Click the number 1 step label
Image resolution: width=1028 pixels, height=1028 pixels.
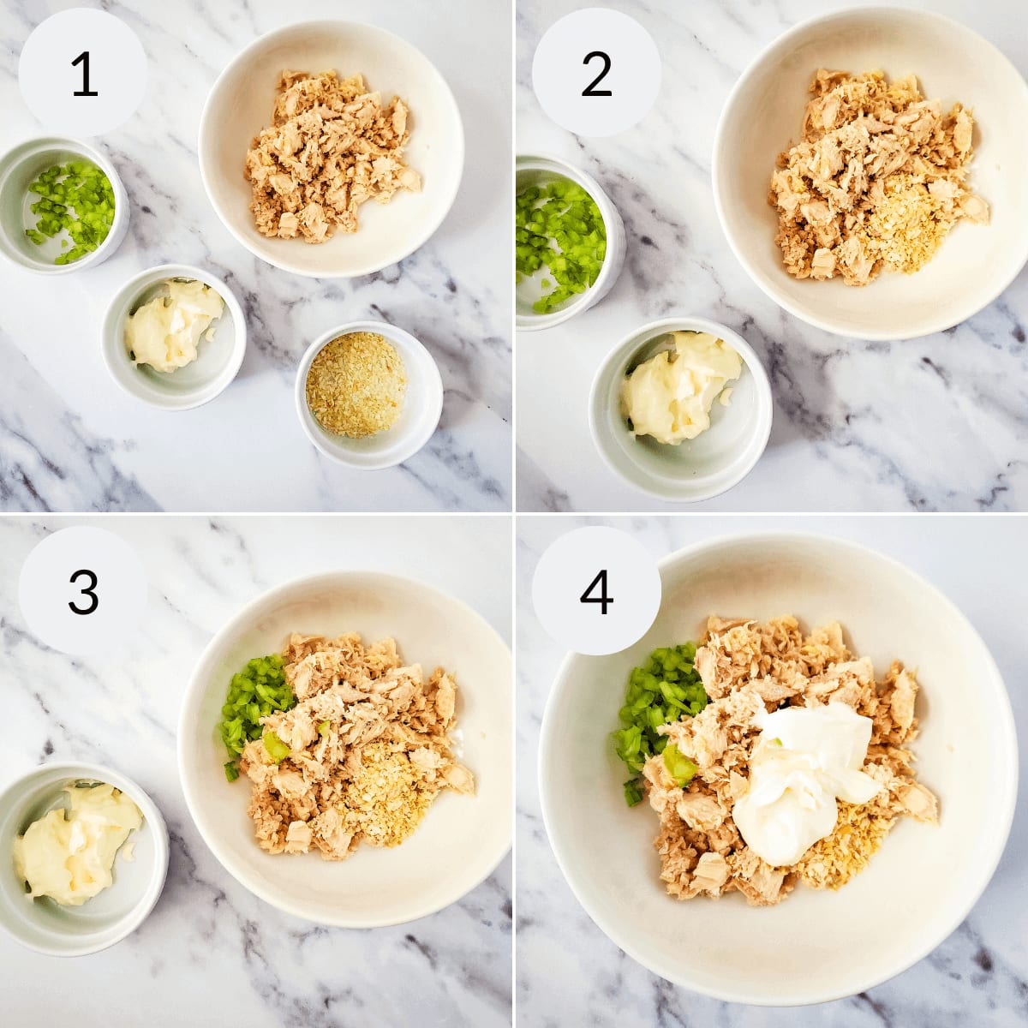point(84,75)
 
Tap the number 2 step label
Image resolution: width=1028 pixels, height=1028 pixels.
point(596,75)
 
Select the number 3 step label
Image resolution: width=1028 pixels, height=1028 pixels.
point(83,592)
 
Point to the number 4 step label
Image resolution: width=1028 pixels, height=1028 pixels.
point(596,592)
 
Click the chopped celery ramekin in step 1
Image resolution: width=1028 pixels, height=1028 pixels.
point(63,206)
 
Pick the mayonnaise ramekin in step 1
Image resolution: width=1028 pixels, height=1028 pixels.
point(174,338)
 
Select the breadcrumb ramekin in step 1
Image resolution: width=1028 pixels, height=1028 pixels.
point(369,395)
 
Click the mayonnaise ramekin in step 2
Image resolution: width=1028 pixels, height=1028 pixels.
point(681,409)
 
